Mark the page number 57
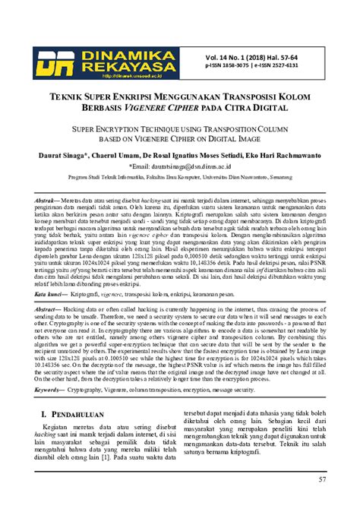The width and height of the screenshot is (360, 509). tap(322, 479)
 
